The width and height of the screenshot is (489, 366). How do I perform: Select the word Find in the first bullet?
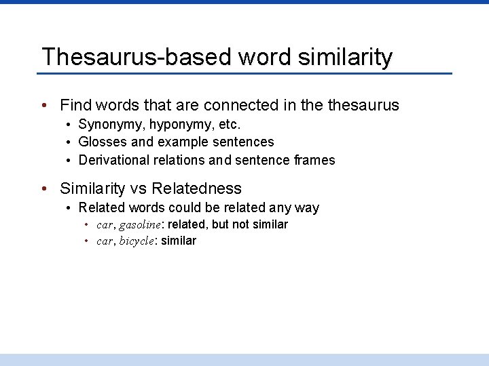coord(75,105)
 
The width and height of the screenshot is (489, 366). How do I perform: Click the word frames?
coord(316,160)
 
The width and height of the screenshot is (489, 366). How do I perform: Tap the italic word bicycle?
coord(137,241)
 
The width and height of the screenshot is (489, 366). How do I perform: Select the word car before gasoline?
coord(105,224)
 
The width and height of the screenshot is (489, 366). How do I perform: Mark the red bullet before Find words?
coord(43,106)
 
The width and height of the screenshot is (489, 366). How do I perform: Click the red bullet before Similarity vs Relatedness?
coord(43,188)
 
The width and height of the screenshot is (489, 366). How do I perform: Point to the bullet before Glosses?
coord(69,142)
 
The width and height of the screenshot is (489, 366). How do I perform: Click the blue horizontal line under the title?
coord(244,73)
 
